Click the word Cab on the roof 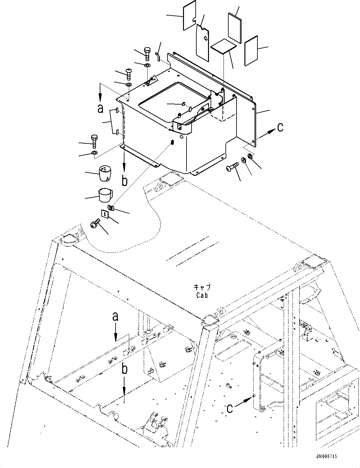click(202, 295)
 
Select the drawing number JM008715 click(326, 456)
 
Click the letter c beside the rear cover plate click(280, 127)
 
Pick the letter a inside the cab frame click(116, 317)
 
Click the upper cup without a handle click(105, 173)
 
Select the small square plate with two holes click(105, 214)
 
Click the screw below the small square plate click(94, 224)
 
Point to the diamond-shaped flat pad click(224, 47)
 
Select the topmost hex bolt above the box click(148, 54)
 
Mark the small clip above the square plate click(111, 208)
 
